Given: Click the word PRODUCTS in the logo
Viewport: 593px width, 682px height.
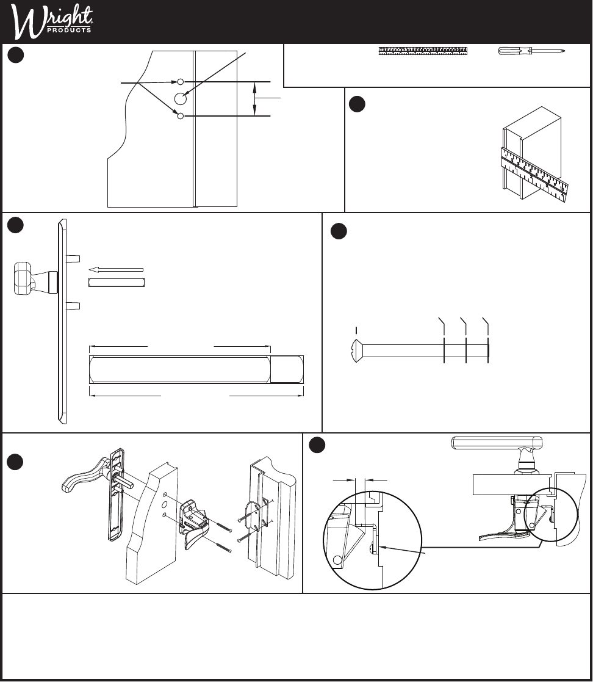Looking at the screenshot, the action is point(69,31).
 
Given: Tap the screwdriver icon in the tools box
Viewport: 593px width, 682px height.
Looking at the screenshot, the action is point(531,51).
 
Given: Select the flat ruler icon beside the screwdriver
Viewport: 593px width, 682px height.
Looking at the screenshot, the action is point(423,51).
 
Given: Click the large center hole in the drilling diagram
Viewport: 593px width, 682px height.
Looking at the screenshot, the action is point(181,99).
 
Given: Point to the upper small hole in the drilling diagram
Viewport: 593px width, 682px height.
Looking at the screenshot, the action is point(181,82).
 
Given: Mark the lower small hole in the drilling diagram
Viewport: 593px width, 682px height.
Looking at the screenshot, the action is point(181,115).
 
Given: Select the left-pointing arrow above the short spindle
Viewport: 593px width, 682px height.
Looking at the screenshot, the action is point(116,270).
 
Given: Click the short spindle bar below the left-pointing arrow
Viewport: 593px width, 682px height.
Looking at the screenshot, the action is point(116,282).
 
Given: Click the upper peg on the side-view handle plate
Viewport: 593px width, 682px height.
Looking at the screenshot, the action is point(73,258).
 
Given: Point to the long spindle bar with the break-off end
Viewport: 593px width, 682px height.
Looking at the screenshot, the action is point(196,369).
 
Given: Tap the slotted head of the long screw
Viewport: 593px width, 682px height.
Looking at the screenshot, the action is point(356,350).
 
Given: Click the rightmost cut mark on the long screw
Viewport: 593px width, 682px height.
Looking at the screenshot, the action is point(488,350).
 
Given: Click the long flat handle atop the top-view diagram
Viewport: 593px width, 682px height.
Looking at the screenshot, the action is point(497,443).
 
